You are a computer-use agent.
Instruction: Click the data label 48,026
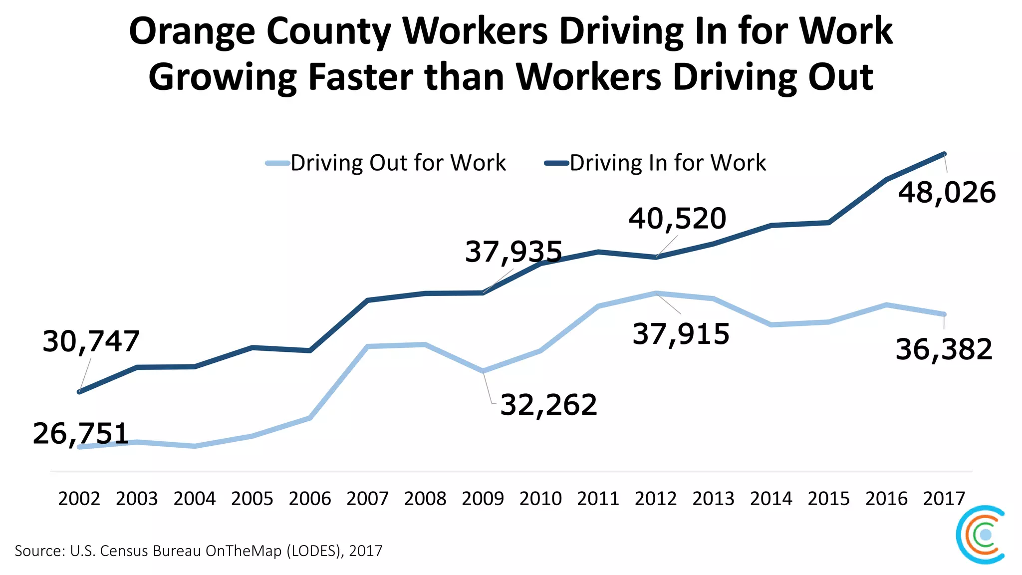click(947, 193)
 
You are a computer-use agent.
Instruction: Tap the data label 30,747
click(91, 342)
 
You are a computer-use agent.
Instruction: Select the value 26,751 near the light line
click(81, 433)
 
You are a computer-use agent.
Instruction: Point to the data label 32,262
click(548, 404)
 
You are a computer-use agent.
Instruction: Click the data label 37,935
click(513, 252)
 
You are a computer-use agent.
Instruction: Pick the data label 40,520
click(677, 219)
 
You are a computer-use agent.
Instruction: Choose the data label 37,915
click(681, 334)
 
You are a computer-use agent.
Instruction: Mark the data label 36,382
click(944, 349)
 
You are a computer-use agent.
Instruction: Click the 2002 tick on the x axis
click(79, 498)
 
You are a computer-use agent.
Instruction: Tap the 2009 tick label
click(483, 498)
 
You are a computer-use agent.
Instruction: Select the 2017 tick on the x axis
click(944, 498)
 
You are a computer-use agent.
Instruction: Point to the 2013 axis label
click(713, 498)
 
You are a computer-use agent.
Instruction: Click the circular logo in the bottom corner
click(981, 535)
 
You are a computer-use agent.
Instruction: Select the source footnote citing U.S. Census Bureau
click(199, 551)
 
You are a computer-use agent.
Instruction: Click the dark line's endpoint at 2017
click(944, 154)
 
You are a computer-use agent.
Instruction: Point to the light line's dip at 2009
click(483, 371)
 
